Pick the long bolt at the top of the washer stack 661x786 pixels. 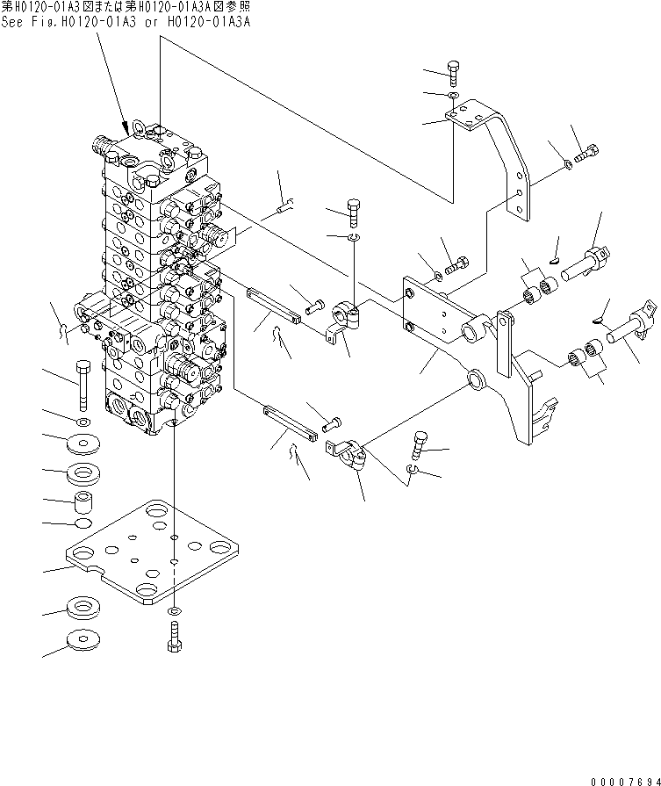(83, 386)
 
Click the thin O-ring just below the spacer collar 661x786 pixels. (85, 524)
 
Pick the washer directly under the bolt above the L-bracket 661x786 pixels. (453, 95)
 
